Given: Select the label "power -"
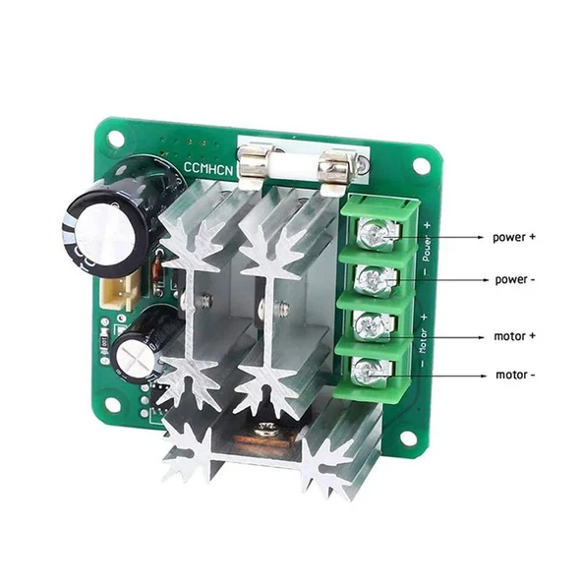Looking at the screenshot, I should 515,279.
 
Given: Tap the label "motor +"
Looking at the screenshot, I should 515,335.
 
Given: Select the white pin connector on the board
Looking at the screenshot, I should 121,289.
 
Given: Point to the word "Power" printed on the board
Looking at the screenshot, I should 427,247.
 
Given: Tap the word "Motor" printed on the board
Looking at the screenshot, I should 424,340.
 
